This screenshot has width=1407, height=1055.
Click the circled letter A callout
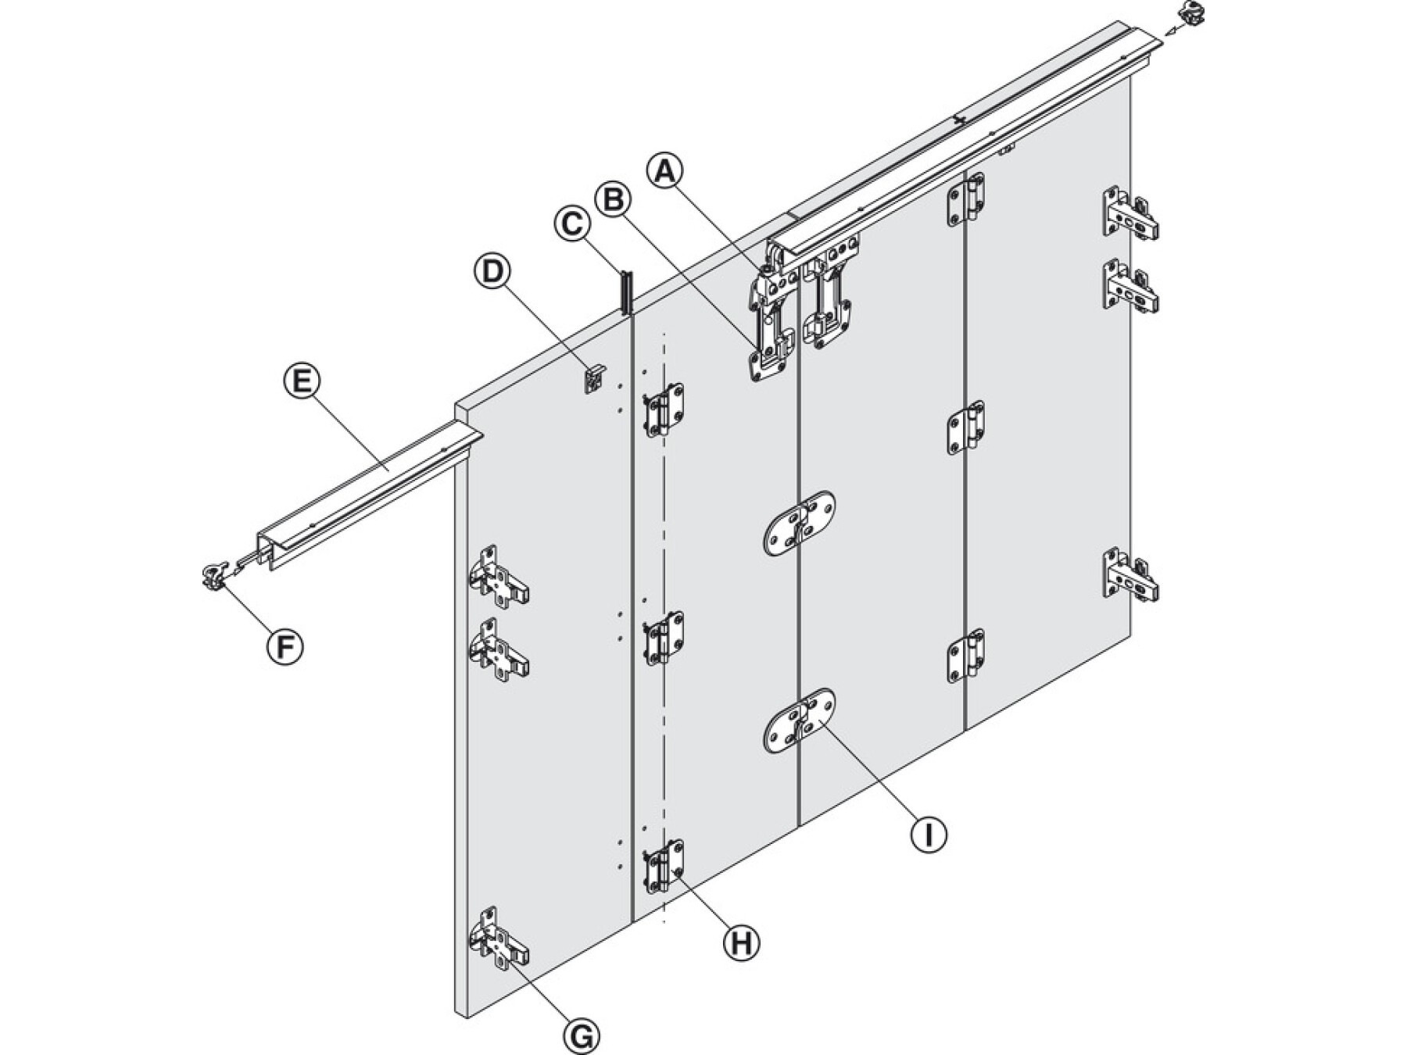[665, 171]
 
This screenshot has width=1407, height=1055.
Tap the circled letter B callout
[613, 199]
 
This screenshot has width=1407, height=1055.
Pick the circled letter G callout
[582, 1037]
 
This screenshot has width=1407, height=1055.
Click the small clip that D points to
[595, 378]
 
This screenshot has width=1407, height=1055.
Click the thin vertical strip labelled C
[625, 293]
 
